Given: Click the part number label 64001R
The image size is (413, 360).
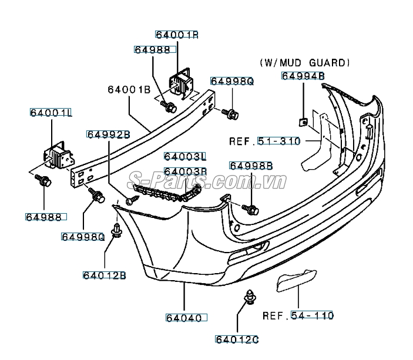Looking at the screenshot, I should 177,35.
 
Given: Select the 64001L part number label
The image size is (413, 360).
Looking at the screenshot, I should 51,111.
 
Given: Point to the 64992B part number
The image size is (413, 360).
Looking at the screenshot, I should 109,134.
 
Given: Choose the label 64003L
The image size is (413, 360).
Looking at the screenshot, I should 186,157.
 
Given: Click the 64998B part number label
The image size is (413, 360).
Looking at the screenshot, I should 251,166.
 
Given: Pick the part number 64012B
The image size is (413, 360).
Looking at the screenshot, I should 105,275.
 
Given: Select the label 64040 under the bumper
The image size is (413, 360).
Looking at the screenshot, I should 183,318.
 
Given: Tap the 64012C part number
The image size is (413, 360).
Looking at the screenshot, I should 237,339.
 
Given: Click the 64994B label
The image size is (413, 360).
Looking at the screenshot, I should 303,75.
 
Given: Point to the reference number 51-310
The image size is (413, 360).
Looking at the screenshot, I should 279,141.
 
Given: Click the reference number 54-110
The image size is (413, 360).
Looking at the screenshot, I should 312,315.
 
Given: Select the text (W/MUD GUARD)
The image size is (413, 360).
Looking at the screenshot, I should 305,62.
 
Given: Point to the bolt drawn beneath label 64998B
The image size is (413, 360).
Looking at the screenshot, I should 251,208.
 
